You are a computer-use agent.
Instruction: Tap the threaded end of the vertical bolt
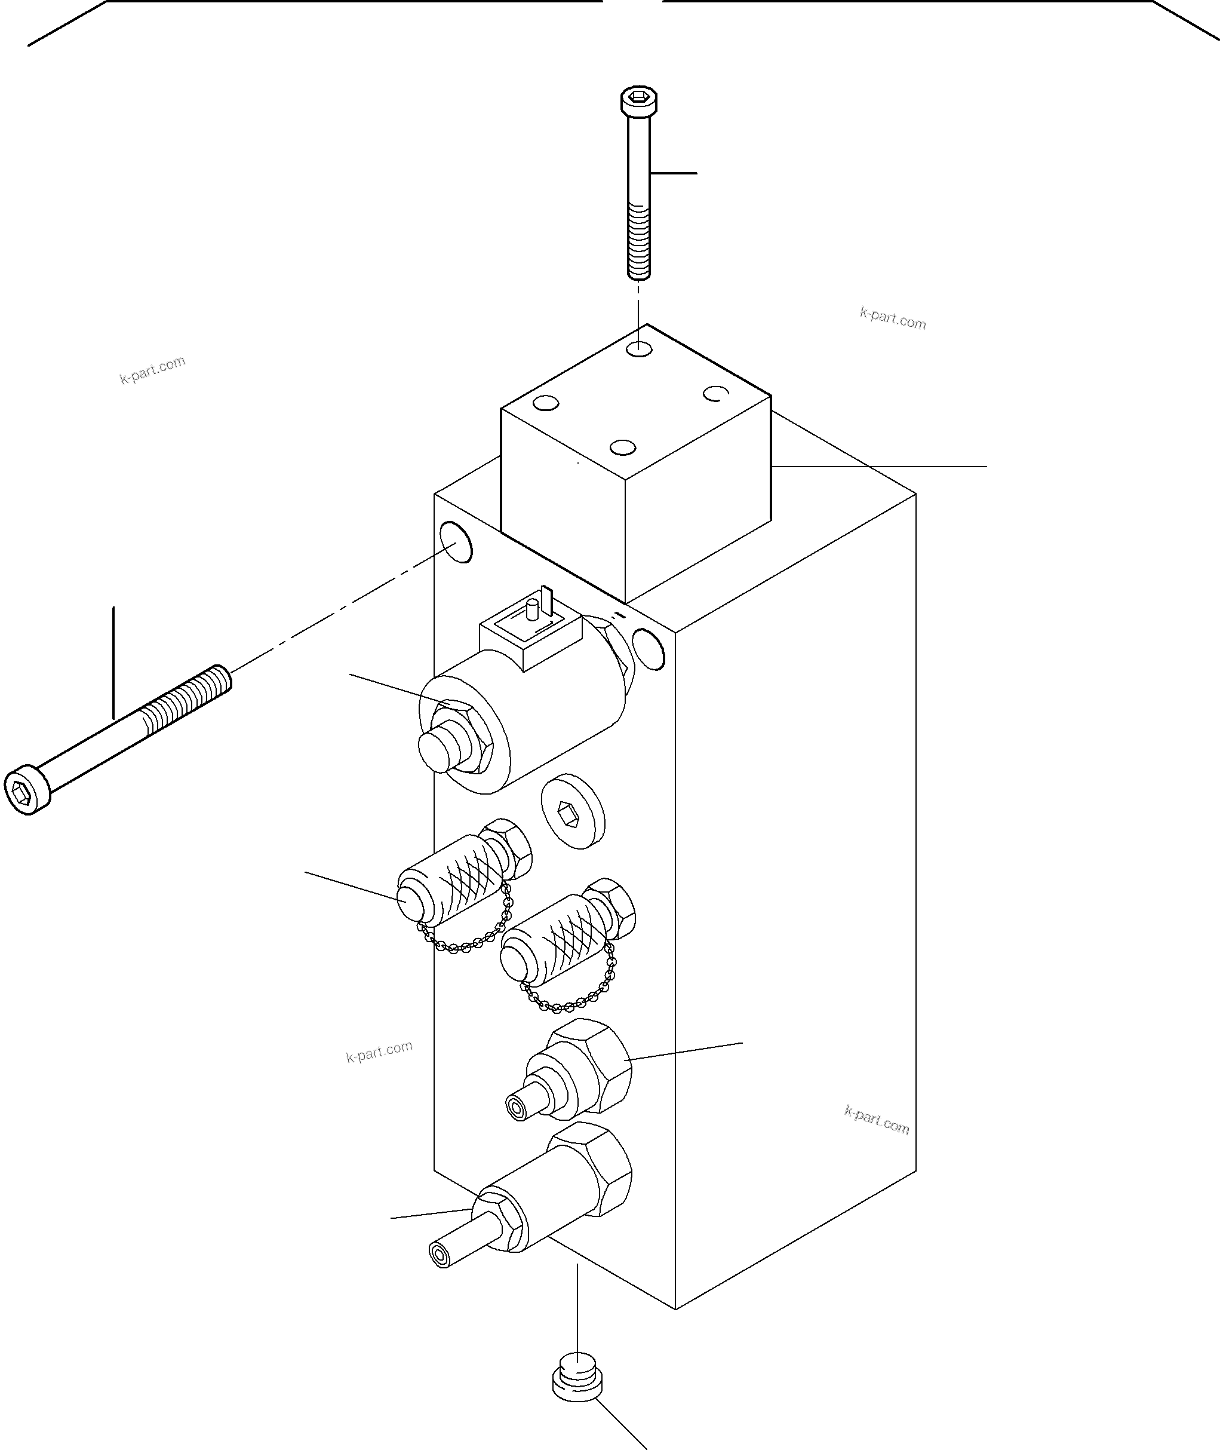(639, 242)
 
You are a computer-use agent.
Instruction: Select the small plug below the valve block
(577, 1377)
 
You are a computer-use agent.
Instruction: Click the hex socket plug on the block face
(572, 811)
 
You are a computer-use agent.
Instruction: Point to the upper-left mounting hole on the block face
(456, 542)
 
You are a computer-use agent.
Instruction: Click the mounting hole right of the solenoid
(649, 649)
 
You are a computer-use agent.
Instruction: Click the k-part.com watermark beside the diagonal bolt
(153, 369)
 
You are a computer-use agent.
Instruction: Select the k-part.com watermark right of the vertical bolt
(892, 318)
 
